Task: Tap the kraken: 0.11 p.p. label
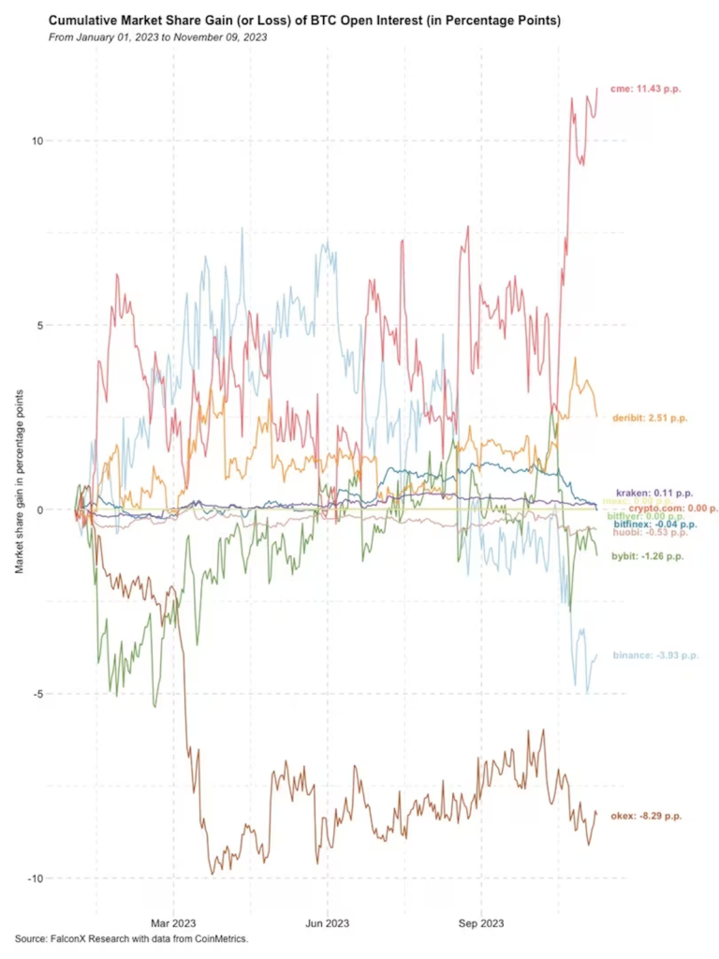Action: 654,493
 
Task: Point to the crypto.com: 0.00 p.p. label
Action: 674,508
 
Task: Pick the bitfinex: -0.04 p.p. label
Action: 654,524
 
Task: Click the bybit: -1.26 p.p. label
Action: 648,556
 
